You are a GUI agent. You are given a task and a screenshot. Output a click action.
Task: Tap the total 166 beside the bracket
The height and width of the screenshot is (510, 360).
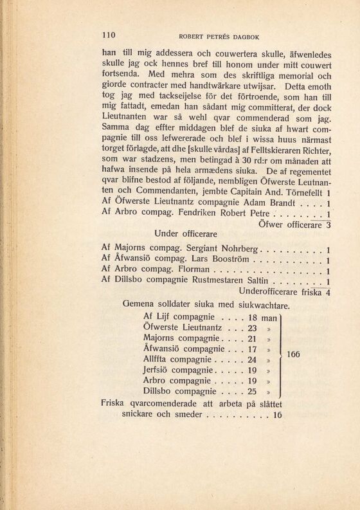tap(294, 354)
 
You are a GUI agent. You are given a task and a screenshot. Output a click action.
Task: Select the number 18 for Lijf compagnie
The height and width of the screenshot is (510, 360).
tap(253, 317)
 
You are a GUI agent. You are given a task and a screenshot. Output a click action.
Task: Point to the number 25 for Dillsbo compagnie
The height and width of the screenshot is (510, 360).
tap(253, 390)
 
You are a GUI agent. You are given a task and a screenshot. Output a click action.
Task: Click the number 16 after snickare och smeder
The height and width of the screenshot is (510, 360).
tap(277, 415)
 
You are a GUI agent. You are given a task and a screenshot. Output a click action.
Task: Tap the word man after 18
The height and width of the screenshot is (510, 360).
tap(270, 318)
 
